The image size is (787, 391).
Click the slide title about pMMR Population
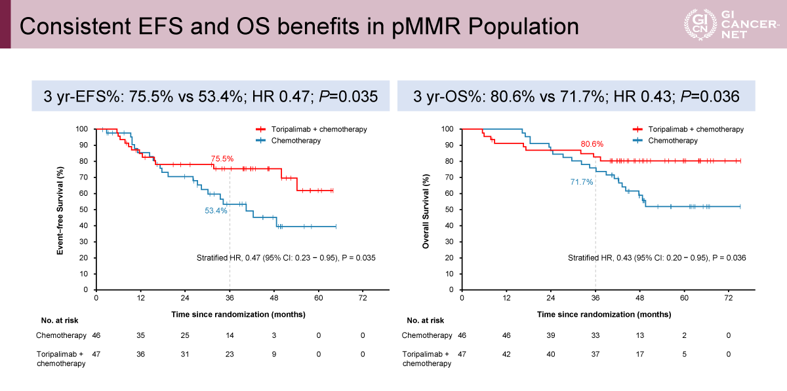pyautogui.click(x=299, y=26)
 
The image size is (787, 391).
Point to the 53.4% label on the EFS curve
pyautogui.click(x=216, y=211)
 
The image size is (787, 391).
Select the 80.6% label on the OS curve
pyautogui.click(x=592, y=143)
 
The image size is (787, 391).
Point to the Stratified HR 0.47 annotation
pyautogui.click(x=286, y=258)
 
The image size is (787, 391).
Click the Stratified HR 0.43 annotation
pyautogui.click(x=656, y=258)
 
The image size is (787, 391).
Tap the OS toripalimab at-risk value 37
pyautogui.click(x=595, y=354)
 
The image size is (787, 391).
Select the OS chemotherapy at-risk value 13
pyautogui.click(x=640, y=335)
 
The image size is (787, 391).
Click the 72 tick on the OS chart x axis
pyautogui.click(x=729, y=298)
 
